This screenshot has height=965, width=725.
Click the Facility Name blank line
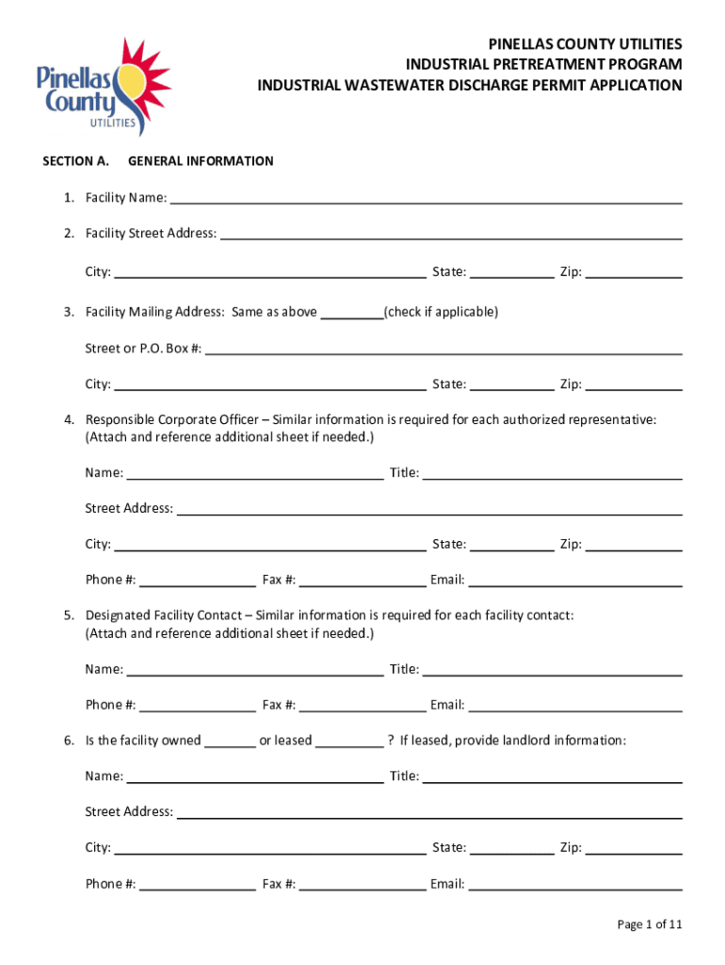(x=425, y=197)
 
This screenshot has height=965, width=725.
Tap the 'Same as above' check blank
(x=351, y=312)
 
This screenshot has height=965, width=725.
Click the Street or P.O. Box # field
(x=443, y=348)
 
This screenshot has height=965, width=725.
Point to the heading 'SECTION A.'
(x=76, y=161)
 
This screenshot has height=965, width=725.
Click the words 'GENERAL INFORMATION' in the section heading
(x=201, y=161)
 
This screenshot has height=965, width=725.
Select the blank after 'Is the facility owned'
(x=230, y=741)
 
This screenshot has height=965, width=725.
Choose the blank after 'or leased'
(x=349, y=741)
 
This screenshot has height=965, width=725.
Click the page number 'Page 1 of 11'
(x=649, y=924)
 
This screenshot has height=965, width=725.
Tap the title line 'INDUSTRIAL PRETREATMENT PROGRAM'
(x=543, y=64)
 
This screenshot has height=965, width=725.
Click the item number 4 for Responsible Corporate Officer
(x=69, y=419)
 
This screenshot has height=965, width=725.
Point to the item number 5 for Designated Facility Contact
(x=69, y=615)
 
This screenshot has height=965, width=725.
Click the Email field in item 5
(x=574, y=705)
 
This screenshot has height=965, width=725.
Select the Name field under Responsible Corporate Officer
(x=254, y=473)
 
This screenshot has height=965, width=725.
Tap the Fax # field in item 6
(x=362, y=884)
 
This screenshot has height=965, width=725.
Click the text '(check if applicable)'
(x=441, y=312)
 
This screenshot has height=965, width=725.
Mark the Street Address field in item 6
(x=428, y=811)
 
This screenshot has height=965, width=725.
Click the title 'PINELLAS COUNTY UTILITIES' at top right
(x=585, y=44)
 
